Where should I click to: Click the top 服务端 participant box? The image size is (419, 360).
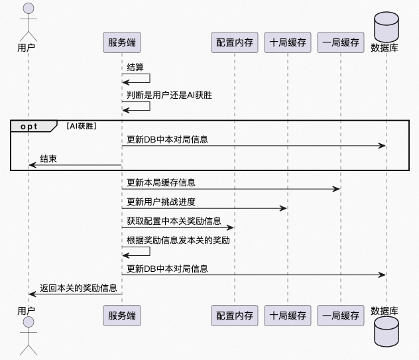[x=122, y=42]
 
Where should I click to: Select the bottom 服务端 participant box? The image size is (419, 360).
[x=122, y=315]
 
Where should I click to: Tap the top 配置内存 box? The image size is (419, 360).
[x=235, y=42]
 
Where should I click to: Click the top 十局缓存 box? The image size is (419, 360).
[x=288, y=42]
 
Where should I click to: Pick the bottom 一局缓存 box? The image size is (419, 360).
[x=341, y=315]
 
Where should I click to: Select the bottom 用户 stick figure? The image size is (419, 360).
[x=27, y=336]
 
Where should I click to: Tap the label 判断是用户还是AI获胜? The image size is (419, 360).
[x=169, y=95]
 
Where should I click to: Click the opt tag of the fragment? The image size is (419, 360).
[x=30, y=125]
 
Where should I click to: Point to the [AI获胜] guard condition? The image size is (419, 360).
[x=82, y=125]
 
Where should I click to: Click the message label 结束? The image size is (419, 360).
[x=48, y=158]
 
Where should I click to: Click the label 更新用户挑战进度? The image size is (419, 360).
[x=160, y=202]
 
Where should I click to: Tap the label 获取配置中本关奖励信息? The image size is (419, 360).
[x=174, y=221]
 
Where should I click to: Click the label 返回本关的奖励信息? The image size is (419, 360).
[x=78, y=288]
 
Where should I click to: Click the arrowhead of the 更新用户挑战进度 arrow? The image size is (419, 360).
[x=284, y=208]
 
